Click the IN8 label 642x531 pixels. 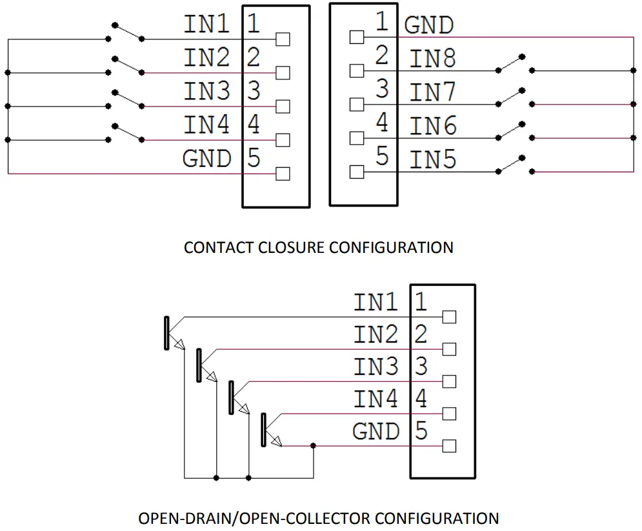(433, 59)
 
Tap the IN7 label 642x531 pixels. (433, 93)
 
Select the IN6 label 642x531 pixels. (433, 126)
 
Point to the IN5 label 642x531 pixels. (433, 160)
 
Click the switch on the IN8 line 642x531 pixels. (514, 63)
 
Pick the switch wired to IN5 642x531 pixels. (514, 165)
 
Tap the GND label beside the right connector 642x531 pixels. (429, 26)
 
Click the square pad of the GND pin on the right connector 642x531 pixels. (356, 37)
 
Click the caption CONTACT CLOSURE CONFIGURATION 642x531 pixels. (318, 247)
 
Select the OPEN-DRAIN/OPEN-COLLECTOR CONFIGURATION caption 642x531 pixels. (319, 518)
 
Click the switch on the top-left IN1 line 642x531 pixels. (128, 32)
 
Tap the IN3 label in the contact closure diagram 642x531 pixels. (206, 92)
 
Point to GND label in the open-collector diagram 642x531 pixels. (376, 431)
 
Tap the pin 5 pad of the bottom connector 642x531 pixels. (450, 445)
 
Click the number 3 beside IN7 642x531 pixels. (382, 89)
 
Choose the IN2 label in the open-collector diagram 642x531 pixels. (376, 334)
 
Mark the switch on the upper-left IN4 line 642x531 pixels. (128, 133)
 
